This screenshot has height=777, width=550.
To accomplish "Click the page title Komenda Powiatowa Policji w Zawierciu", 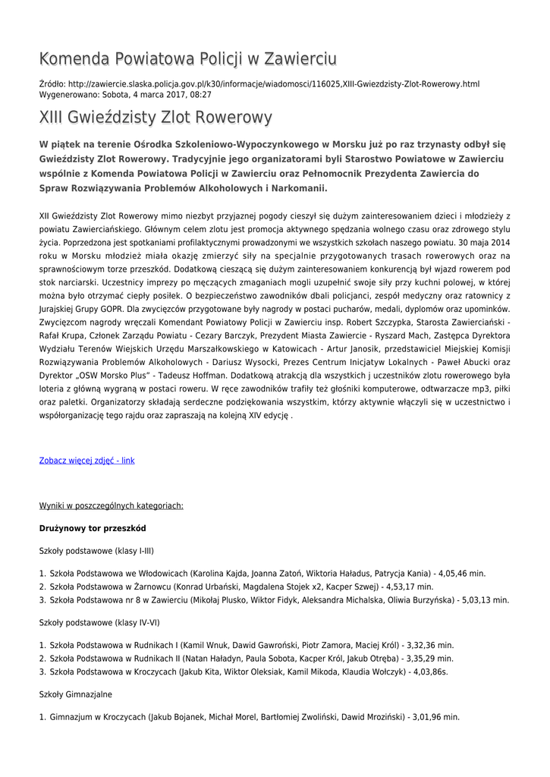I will coord(187,58).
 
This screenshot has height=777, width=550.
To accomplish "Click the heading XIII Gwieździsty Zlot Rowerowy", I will coord(156,118).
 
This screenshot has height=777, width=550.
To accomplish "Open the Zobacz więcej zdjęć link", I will coord(86,461).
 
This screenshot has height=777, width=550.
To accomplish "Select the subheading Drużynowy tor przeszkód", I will coord(93,527).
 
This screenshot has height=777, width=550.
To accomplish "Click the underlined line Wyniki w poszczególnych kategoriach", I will coord(111,505).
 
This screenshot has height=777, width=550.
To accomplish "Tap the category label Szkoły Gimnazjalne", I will coord(75,694).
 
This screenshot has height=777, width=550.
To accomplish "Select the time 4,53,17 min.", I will coord(410,587).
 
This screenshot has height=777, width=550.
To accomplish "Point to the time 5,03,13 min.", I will coord(486,600).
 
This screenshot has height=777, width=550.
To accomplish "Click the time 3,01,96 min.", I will coord(435,717).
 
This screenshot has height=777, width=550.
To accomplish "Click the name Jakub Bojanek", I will coord(178,717).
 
